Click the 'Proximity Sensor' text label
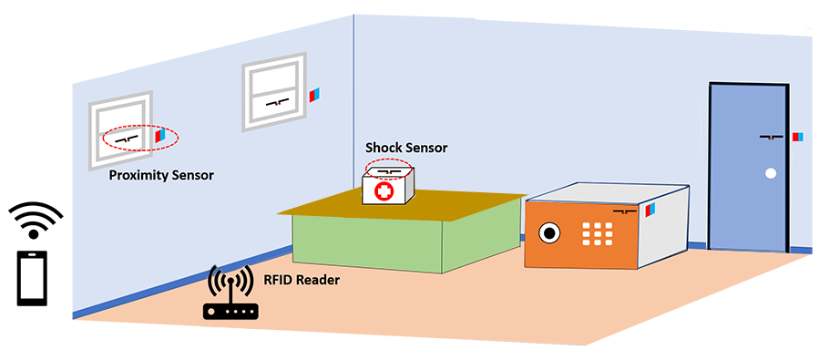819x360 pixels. (161, 174)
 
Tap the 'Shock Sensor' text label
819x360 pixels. (406, 147)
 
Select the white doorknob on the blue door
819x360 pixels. (770, 173)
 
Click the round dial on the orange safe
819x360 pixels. (549, 233)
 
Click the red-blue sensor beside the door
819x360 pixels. (798, 137)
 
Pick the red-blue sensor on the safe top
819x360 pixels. (650, 211)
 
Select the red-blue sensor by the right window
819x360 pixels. (314, 95)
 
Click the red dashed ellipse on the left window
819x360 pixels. (139, 138)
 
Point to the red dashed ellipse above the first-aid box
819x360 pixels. (389, 170)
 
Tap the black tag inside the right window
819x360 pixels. (277, 101)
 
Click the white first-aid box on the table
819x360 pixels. (387, 190)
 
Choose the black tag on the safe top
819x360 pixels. (624, 211)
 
